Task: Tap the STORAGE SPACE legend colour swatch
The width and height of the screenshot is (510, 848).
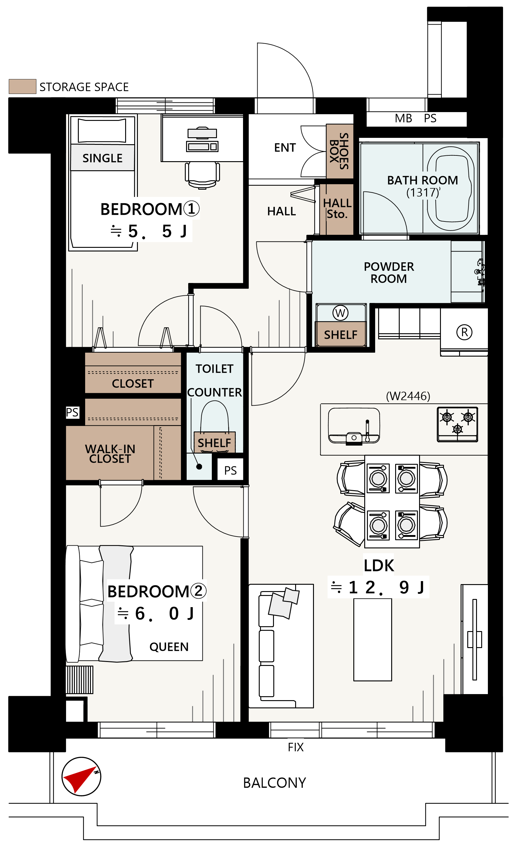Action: point(22,86)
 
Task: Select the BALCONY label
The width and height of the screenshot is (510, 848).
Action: point(274,783)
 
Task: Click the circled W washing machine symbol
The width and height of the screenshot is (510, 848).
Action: point(340,313)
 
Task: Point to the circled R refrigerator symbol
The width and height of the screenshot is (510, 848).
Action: point(464,332)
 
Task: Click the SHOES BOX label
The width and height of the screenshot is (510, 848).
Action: point(339,151)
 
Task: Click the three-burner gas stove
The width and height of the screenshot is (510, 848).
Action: point(457,424)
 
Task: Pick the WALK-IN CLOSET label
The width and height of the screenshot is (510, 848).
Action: point(110,454)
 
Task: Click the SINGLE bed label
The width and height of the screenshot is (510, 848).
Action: point(102,158)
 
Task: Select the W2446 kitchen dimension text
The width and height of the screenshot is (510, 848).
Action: point(408,396)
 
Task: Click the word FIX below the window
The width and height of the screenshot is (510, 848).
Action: point(296,747)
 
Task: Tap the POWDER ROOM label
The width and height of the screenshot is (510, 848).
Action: point(389,272)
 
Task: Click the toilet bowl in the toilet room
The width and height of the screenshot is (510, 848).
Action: point(215,417)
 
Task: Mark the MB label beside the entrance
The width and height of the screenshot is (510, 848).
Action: point(403,118)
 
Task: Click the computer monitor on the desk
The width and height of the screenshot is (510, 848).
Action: point(202,133)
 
